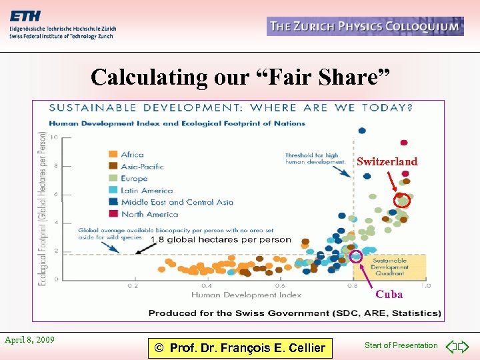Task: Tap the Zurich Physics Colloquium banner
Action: point(365,27)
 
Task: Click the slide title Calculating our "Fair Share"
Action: point(240,77)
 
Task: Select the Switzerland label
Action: point(387,161)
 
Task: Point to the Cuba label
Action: point(389,294)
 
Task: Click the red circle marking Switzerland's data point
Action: point(402,201)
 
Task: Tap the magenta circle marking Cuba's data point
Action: point(356,255)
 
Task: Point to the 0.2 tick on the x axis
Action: point(133,286)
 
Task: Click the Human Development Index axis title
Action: point(246,295)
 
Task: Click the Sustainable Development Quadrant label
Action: point(389,267)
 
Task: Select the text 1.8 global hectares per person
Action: point(221,240)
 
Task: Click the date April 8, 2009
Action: point(29,339)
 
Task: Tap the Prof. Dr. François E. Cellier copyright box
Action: point(239,347)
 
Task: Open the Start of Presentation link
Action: point(401,345)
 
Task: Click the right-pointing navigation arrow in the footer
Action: point(464,346)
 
